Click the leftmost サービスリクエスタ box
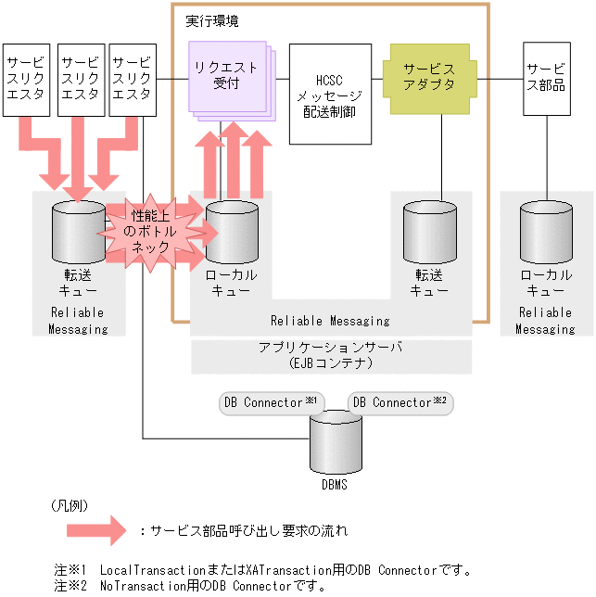click(25, 79)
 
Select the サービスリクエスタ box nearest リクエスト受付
click(132, 79)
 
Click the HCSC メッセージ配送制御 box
click(331, 95)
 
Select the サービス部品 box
click(546, 78)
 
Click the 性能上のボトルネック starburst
click(149, 232)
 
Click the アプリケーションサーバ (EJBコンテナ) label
click(331, 354)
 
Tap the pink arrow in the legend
click(95, 531)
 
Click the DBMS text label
click(336, 483)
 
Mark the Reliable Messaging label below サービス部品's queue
click(545, 321)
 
